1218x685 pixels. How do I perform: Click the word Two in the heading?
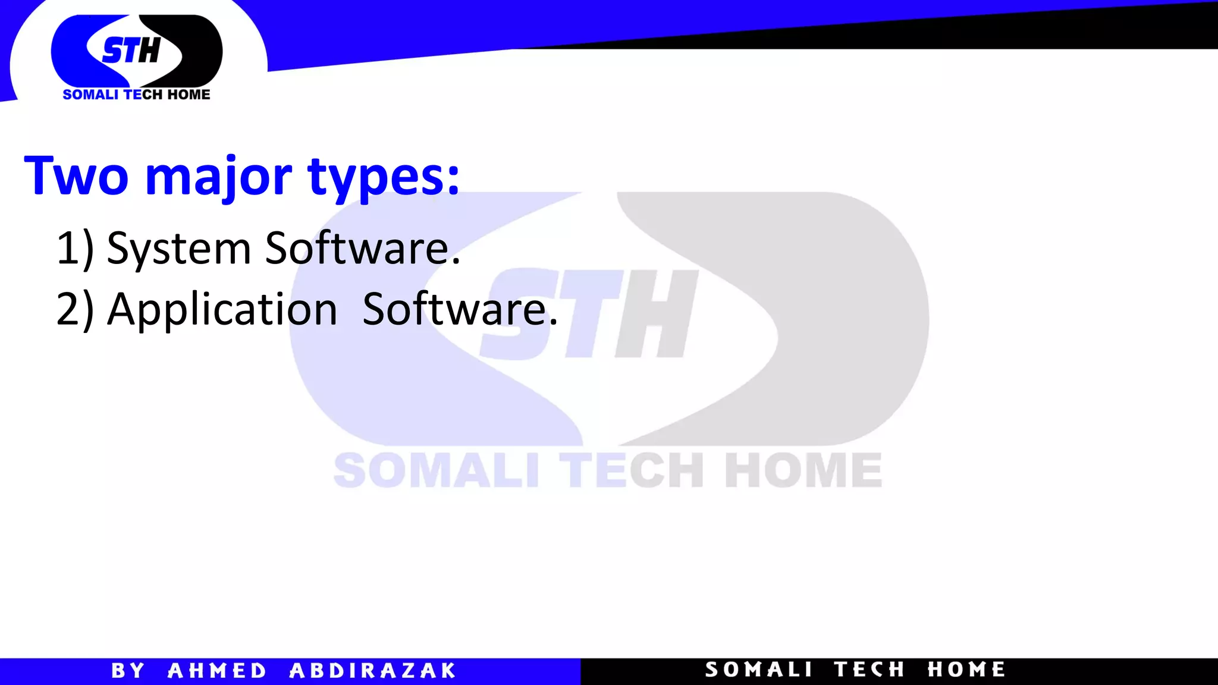[76, 176]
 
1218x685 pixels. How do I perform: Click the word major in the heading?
[218, 177]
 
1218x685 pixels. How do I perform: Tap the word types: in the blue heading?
[384, 177]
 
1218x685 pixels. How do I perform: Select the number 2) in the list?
[75, 310]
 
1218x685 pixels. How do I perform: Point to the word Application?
[222, 310]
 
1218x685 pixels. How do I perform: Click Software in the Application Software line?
[460, 310]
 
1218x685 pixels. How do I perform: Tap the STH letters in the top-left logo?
[131, 51]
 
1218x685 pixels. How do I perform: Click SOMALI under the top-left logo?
[90, 95]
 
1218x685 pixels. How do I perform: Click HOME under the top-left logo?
[189, 95]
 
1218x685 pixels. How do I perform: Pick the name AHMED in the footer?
[217, 671]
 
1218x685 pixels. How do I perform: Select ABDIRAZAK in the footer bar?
[372, 671]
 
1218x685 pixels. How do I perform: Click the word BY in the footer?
[128, 671]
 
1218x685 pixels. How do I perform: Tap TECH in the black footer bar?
[869, 670]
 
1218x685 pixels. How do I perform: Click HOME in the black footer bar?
[966, 670]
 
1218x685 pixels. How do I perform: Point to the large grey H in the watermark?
[656, 314]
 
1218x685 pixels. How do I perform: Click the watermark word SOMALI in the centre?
[436, 470]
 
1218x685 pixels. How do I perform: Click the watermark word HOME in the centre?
[803, 470]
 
